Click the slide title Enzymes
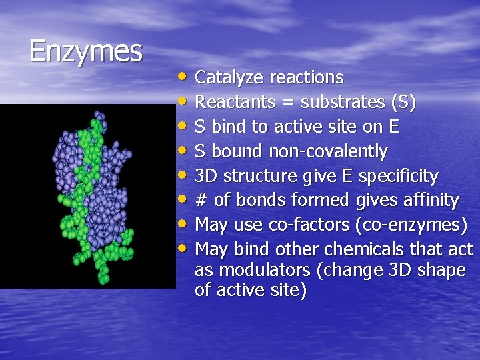pos(85,51)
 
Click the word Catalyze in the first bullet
pos(229,78)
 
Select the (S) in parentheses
pos(403,103)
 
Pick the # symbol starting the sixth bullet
pos(201,201)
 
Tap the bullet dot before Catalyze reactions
pos(183,76)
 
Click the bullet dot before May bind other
pos(183,249)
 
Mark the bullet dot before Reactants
pos(183,101)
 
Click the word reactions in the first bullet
pos(306,78)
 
